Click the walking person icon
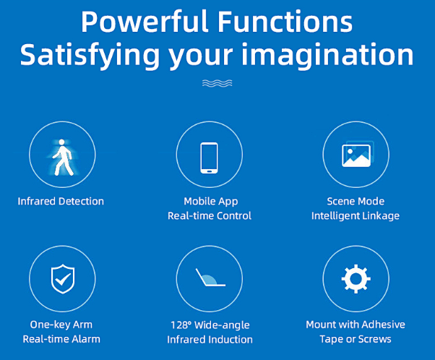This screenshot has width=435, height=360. click(62, 158)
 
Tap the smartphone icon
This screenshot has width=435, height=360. click(209, 158)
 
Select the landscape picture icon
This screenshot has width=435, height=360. click(357, 154)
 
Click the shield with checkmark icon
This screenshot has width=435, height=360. click(63, 278)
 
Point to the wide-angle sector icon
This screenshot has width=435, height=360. click(210, 278)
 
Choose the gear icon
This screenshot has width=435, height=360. click(356, 278)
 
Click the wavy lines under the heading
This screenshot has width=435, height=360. click(217, 83)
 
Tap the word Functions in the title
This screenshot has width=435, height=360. click(285, 22)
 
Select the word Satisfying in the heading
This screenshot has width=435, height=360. click(90, 56)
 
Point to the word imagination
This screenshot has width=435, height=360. click(327, 55)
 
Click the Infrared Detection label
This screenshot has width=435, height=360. click(61, 201)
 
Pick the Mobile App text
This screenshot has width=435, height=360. click(211, 202)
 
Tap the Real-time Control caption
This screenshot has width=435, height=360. click(210, 216)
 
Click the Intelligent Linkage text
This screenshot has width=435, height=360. click(356, 216)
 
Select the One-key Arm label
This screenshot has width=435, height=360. click(61, 325)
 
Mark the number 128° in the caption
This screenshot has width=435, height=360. click(181, 325)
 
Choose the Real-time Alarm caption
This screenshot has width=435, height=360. click(61, 339)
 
